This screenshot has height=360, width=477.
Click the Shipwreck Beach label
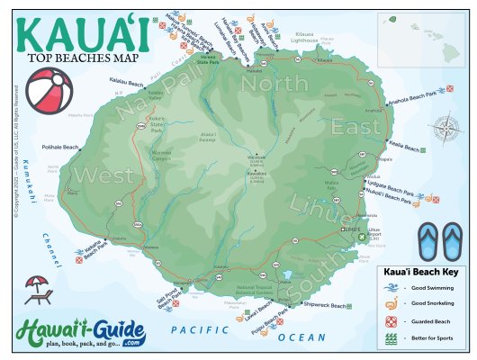pyautogui.click(x=324, y=306)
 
